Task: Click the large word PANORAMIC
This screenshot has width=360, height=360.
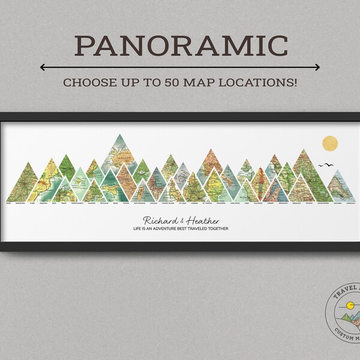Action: [x=180, y=46]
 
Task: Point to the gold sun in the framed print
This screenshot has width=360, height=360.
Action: [x=330, y=144]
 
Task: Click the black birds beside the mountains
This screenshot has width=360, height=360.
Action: [x=328, y=164]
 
